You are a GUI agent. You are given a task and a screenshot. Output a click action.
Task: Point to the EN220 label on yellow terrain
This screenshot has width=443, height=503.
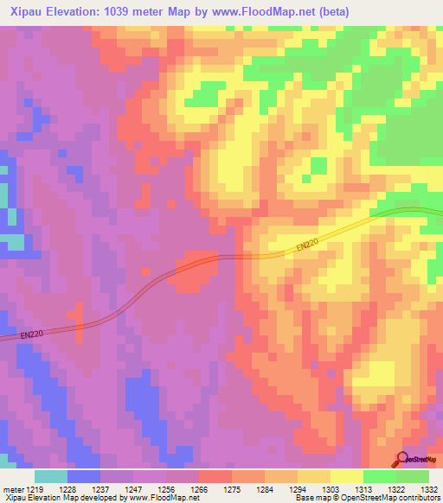click(305, 247)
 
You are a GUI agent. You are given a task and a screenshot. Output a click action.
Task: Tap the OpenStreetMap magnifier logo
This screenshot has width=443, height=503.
click(403, 459)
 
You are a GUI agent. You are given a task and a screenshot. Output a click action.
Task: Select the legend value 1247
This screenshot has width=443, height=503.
click(134, 488)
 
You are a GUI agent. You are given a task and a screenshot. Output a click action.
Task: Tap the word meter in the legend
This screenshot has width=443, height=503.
click(12, 488)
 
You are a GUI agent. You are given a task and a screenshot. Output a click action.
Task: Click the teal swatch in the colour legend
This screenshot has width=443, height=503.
click(51, 476)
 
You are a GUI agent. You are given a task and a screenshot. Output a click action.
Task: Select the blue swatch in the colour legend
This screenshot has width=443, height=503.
click(84, 476)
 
